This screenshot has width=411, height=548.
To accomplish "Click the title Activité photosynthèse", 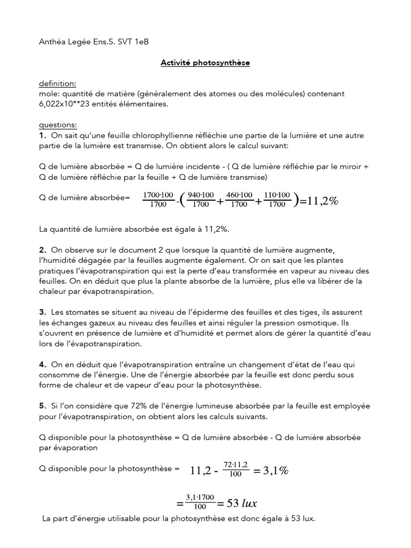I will pyautogui.click(x=205, y=63).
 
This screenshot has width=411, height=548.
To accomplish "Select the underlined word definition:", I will pyautogui.click(x=58, y=84).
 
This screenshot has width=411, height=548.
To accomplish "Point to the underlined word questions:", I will pyautogui.click(x=58, y=125).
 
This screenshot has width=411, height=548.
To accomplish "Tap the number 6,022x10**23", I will pyautogui.click(x=68, y=104).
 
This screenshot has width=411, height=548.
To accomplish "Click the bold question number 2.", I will pyautogui.click(x=43, y=250).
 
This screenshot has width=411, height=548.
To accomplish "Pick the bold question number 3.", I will pyautogui.click(x=43, y=312).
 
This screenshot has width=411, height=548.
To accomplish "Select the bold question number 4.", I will pyautogui.click(x=43, y=364).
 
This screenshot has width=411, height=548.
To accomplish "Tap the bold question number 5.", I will pyautogui.click(x=43, y=406).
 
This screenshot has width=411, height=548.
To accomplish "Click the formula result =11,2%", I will pyautogui.click(x=319, y=201).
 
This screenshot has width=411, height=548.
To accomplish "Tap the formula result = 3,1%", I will pyautogui.click(x=271, y=471).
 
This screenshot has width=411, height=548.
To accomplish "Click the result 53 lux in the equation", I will pyautogui.click(x=242, y=504).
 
